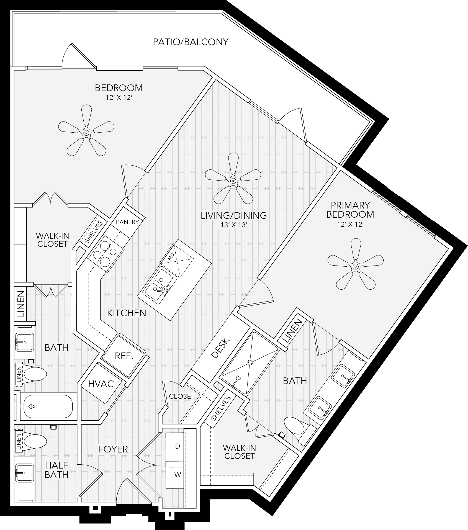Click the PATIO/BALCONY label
[191, 42]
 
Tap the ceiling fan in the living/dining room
[233, 181]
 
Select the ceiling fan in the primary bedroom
[356, 266]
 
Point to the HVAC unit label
[101, 384]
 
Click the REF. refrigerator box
[124, 356]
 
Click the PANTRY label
[127, 222]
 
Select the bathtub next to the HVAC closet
[47, 406]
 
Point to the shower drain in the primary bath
[250, 362]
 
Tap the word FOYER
[113, 449]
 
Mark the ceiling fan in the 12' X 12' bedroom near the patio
[86, 133]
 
